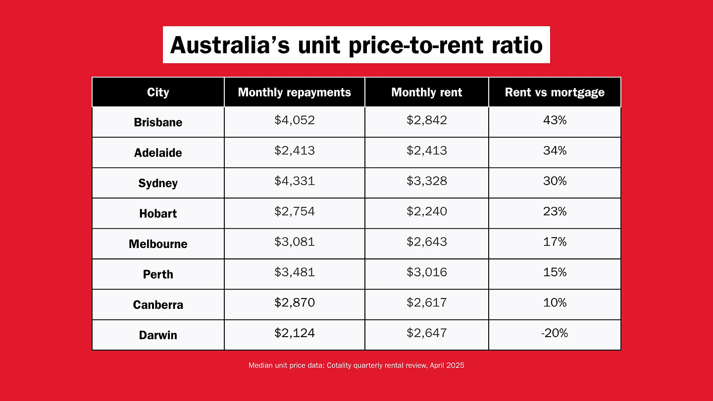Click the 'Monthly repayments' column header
pyautogui.click(x=295, y=92)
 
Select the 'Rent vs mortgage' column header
pyautogui.click(x=555, y=92)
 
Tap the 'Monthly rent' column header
pyautogui.click(x=426, y=92)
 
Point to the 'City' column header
pyautogui.click(x=158, y=92)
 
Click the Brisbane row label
pyautogui.click(x=158, y=122)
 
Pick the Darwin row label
pyautogui.click(x=158, y=335)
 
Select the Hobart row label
pyautogui.click(x=158, y=213)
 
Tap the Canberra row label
pyautogui.click(x=158, y=305)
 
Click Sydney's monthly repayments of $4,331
pyautogui.click(x=295, y=181)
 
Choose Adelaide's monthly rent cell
pyautogui.click(x=426, y=150)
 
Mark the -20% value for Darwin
pyautogui.click(x=555, y=333)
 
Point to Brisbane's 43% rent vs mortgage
pyautogui.click(x=555, y=120)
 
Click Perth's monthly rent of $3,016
pyautogui.click(x=426, y=272)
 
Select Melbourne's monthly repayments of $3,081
pyautogui.click(x=295, y=242)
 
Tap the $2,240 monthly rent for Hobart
pyautogui.click(x=426, y=212)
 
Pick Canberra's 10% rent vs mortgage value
pyautogui.click(x=555, y=302)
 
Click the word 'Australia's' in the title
pyautogui.click(x=230, y=45)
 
